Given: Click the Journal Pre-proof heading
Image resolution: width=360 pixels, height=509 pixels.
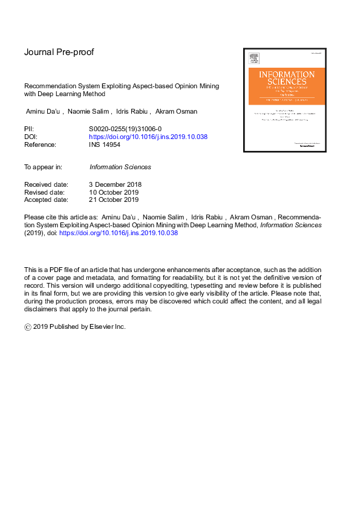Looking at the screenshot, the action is (58, 53).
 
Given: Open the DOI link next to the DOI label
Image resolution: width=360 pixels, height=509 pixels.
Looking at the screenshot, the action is (148, 137).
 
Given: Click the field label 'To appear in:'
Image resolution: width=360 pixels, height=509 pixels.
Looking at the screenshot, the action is (43, 167).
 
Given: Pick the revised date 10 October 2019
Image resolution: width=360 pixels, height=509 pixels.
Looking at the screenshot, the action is (114, 192).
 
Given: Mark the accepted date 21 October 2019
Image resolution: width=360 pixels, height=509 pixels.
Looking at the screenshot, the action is (114, 200).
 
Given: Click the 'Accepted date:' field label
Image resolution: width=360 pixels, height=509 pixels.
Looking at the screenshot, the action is (46, 200).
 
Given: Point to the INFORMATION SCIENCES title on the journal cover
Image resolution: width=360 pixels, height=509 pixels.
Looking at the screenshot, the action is (287, 78).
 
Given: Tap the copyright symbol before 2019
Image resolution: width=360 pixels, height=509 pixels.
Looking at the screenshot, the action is (28, 326).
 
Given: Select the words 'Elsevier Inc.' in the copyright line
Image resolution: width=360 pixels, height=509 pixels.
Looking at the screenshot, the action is (111, 326).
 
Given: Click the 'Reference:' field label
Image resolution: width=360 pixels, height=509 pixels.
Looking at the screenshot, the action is (40, 145).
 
